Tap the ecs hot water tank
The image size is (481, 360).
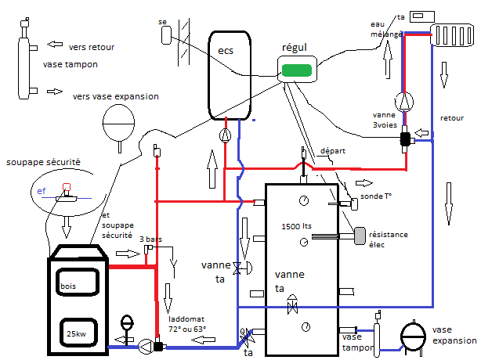tap(229, 74)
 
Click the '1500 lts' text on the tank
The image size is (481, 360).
tap(296, 225)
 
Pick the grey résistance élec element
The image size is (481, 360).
tap(360, 234)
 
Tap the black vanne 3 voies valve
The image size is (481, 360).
tap(406, 140)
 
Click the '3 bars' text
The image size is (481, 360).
tap(150, 239)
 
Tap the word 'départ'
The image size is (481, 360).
tap(332, 151)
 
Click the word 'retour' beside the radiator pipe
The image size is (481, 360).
tap(452, 118)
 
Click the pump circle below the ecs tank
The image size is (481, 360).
tap(226, 135)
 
